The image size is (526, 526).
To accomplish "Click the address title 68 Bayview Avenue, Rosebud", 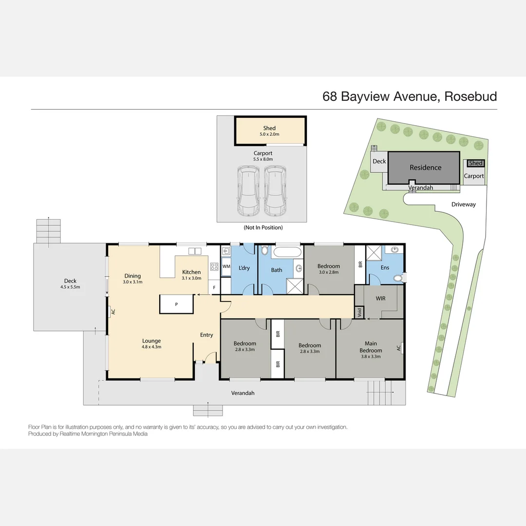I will tap(410, 96).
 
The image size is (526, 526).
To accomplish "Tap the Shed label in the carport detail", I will tap(269, 129).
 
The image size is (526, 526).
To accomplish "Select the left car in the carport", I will tap(248, 191).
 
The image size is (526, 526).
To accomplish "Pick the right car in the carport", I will tap(275, 191).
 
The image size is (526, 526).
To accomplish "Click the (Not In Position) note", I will tap(263, 227).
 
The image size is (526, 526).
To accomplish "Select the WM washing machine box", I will tap(226, 267).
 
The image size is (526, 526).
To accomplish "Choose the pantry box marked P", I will tap(176, 304).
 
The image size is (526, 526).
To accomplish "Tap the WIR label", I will tap(380, 298).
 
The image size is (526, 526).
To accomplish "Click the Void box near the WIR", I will tap(359, 312).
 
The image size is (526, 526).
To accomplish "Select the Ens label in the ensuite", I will tap(385, 267).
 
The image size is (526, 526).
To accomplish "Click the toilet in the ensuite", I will tap(398, 279).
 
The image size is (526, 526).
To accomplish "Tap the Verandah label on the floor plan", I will tap(243, 393).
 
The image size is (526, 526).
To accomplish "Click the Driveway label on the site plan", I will tap(463, 205).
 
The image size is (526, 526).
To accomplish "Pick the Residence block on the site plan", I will tap(425, 168).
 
